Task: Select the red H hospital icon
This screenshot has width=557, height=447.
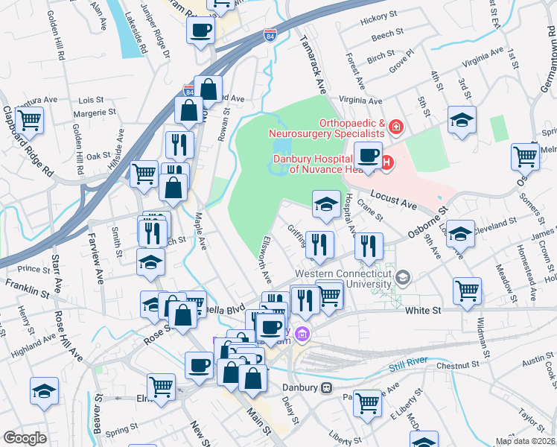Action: coord(386,162)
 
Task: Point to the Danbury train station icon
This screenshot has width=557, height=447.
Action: coord(325,388)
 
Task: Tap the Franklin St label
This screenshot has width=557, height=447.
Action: coord(21,284)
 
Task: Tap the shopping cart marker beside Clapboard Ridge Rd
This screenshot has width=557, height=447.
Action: coord(29,118)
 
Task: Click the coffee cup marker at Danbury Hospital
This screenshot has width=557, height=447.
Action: coord(367,155)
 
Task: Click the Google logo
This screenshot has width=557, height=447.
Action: coord(25,438)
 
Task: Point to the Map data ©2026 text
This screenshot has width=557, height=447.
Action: coord(525,441)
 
